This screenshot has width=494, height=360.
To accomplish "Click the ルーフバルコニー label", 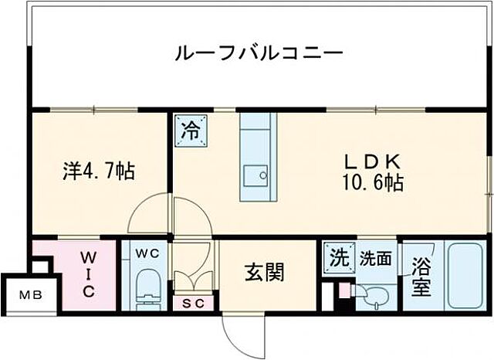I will coord(259,55).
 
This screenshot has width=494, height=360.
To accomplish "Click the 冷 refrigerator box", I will coord(190,127).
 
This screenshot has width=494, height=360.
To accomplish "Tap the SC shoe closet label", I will coord(193,304).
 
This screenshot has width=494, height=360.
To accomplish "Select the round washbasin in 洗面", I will coord(375,295).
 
